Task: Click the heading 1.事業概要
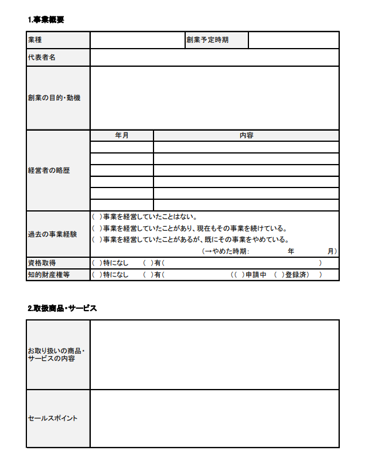(46, 19)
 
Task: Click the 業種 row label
(35, 40)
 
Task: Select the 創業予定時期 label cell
(207, 40)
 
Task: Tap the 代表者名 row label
(42, 57)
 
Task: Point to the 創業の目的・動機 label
(54, 98)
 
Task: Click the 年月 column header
(122, 135)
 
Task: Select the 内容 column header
(246, 135)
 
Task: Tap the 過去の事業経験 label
(52, 234)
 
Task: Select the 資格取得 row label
(42, 262)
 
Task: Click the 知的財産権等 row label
(49, 274)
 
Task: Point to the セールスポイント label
(53, 418)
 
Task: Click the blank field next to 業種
(137, 40)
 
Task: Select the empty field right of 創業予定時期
(294, 40)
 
